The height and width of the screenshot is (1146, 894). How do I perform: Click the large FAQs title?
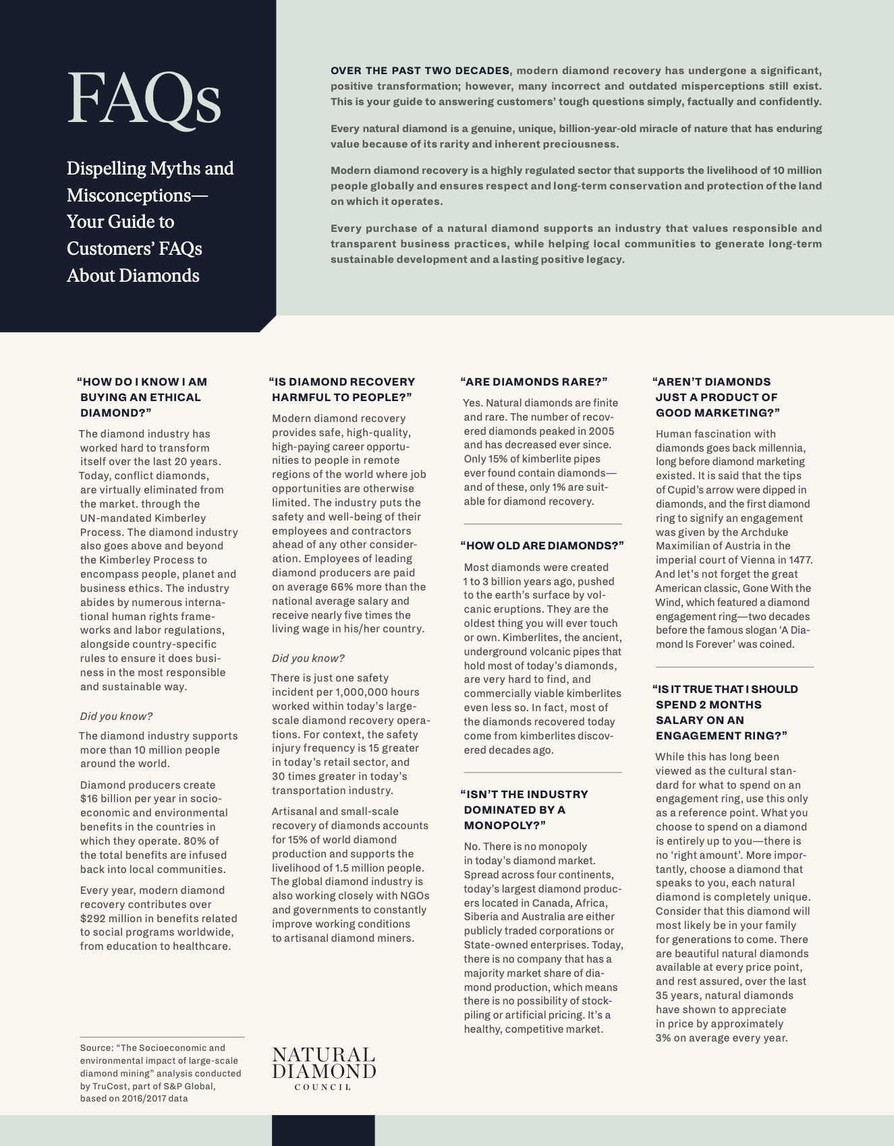[x=144, y=100]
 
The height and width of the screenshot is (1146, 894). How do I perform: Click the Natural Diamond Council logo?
[x=323, y=1068]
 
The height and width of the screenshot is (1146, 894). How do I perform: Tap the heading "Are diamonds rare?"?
[x=534, y=382]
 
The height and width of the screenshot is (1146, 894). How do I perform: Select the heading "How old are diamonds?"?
[x=542, y=545]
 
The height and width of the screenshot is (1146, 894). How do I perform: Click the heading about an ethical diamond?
[x=142, y=397]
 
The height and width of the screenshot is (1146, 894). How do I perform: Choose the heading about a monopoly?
[x=526, y=810]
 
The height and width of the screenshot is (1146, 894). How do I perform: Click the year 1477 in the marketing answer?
[x=798, y=560]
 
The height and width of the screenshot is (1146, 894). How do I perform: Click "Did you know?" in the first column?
[x=116, y=716]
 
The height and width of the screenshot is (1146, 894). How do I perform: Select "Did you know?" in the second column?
[x=308, y=658]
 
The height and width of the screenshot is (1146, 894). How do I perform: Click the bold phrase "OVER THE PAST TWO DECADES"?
[x=420, y=71]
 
